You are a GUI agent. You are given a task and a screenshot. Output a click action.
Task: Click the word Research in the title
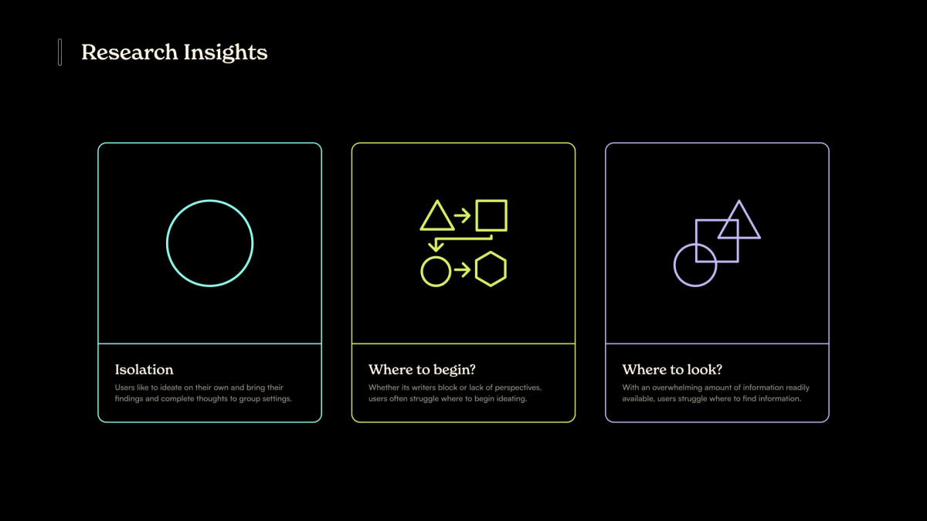pyautogui.click(x=130, y=52)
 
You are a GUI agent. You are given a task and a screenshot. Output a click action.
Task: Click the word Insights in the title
pyautogui.click(x=226, y=53)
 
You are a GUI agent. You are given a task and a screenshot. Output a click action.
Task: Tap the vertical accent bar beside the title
pyautogui.click(x=60, y=52)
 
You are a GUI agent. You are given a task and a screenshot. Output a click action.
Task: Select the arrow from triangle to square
pyautogui.click(x=462, y=215)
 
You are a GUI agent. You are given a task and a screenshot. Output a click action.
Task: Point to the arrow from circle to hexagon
pyautogui.click(x=462, y=270)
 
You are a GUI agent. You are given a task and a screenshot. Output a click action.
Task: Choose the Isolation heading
pyautogui.click(x=144, y=369)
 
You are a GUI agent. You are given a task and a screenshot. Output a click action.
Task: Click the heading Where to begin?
pyautogui.click(x=422, y=370)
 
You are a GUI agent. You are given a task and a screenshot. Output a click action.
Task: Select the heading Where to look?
pyautogui.click(x=672, y=369)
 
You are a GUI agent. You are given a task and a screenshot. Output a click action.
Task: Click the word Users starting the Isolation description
pyautogui.click(x=124, y=387)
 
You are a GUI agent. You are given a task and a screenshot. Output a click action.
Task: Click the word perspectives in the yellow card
pyautogui.click(x=518, y=388)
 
